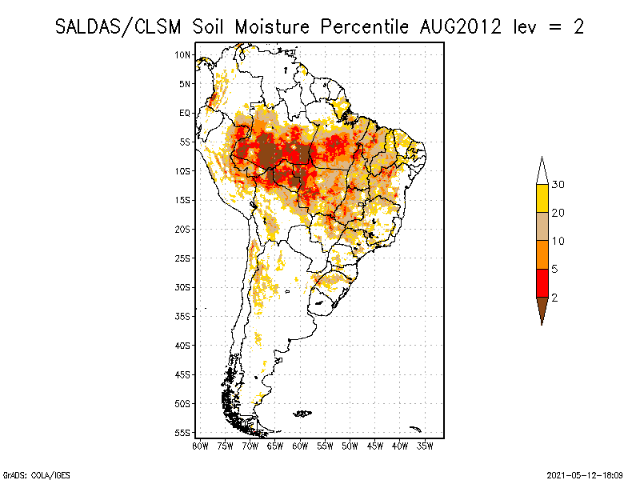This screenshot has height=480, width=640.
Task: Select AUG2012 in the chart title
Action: coord(460,26)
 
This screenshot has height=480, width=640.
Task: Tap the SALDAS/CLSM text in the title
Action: coord(121,26)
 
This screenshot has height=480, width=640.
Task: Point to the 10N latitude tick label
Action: coord(183,54)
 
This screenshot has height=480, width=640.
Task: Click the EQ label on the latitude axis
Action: coord(185,113)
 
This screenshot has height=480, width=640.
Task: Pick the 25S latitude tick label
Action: coord(183,258)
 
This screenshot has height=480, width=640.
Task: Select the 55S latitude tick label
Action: coord(183,432)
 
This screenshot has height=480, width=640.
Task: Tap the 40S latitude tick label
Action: coord(183,345)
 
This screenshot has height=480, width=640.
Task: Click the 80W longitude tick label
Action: coord(200,445)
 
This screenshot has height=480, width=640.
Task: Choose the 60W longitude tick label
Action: coord(300,445)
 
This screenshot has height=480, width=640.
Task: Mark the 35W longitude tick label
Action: coord(425,445)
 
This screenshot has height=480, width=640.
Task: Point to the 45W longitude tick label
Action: coord(374,445)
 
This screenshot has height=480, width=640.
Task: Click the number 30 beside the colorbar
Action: coord(558,185)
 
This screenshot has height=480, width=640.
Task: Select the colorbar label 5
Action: coord(554,270)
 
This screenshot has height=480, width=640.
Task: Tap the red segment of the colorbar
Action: coord(542,283)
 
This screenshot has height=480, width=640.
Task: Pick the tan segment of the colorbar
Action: coord(542,227)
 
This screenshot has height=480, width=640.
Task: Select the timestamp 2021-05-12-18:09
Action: coord(584,474)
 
